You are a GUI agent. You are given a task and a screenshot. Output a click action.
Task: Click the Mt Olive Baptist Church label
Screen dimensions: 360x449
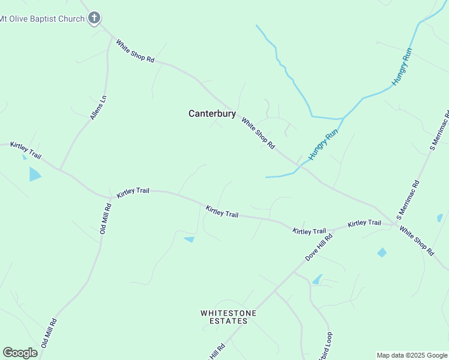pyautogui.click(x=42, y=19)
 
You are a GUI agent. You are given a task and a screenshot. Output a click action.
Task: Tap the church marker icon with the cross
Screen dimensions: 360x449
pyautogui.click(x=94, y=18)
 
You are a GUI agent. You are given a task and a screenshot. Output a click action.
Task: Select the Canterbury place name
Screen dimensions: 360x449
pyautogui.click(x=212, y=113)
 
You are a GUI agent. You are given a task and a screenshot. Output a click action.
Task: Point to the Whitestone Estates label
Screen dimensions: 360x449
pyautogui.click(x=228, y=317)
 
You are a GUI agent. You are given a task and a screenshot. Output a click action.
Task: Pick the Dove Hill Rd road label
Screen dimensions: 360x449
pyautogui.click(x=319, y=247)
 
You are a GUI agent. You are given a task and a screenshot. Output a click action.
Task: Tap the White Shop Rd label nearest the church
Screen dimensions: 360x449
pyautogui.click(x=135, y=52)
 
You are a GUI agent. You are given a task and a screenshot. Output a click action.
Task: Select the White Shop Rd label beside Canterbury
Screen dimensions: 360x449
pyautogui.click(x=258, y=133)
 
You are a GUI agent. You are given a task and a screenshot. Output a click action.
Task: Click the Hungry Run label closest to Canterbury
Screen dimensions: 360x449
pyautogui.click(x=324, y=145)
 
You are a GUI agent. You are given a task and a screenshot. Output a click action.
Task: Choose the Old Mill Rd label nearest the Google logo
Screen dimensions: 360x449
pyautogui.click(x=49, y=333)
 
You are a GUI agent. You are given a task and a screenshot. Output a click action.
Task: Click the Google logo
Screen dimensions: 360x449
pyautogui.click(x=20, y=353)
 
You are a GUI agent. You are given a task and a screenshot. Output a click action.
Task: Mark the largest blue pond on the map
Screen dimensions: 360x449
pyautogui.click(x=34, y=174)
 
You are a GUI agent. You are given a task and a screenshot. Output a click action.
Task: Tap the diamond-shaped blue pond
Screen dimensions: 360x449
pyautogui.click(x=382, y=253)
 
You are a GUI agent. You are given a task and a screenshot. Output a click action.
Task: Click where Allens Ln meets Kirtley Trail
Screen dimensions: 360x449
pyautogui.click(x=60, y=169)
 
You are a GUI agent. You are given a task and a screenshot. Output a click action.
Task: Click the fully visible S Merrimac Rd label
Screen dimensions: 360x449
pyautogui.click(x=408, y=197)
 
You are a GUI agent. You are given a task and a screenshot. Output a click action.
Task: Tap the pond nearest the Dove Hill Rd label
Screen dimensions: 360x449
pyautogui.click(x=316, y=279)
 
